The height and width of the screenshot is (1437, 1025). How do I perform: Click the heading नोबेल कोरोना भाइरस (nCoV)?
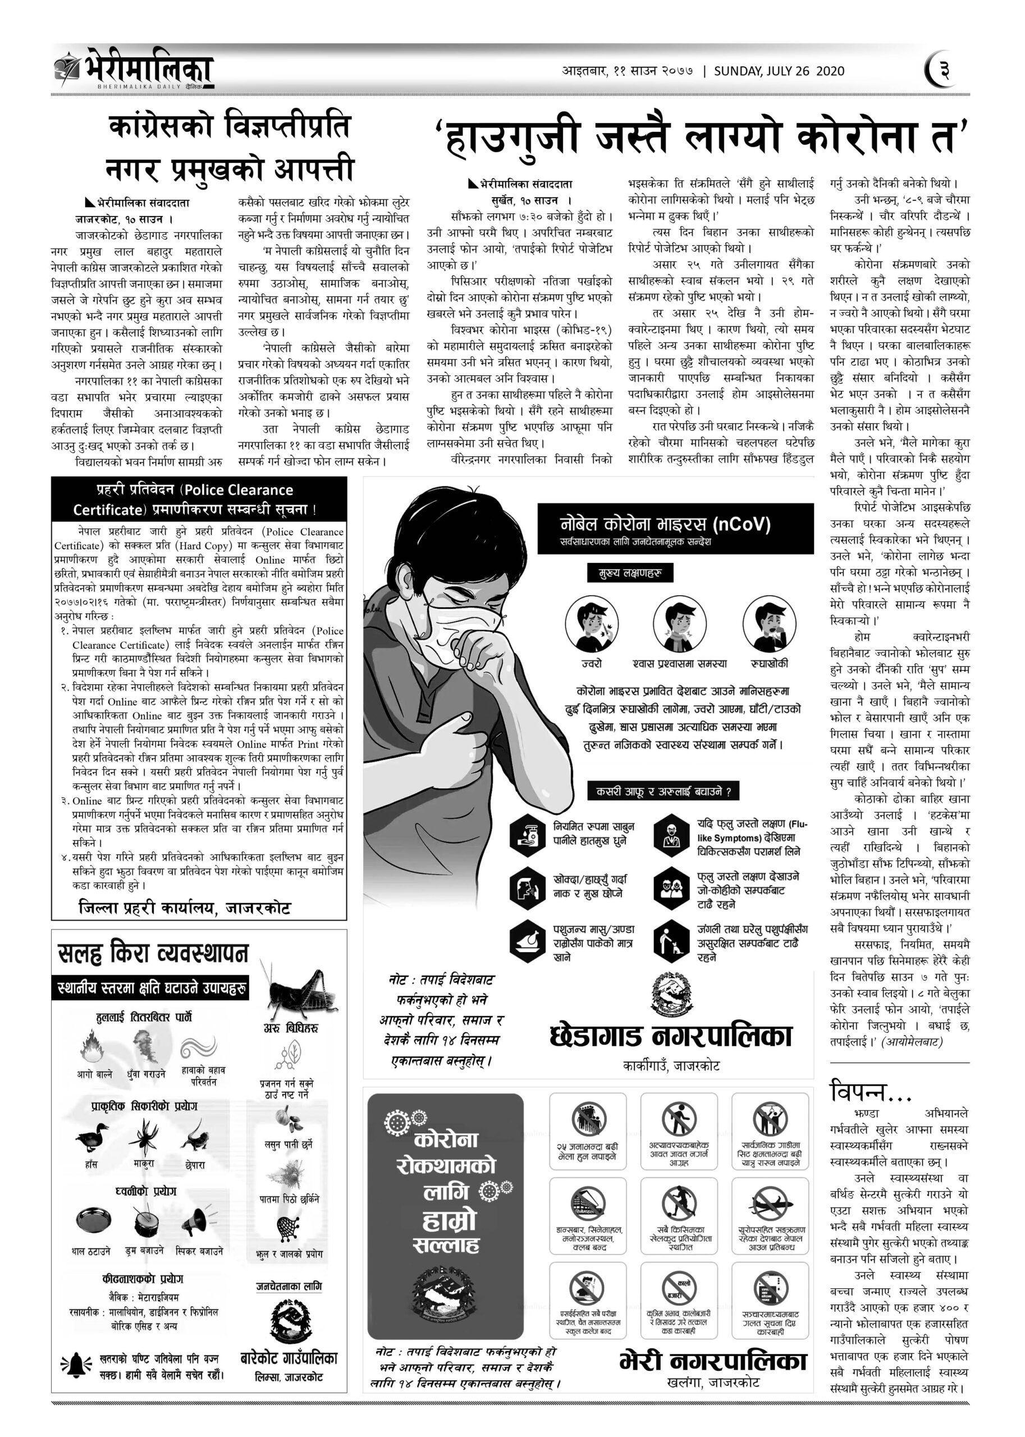click(665, 524)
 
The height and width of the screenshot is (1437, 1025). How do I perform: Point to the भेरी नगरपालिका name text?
click(713, 1361)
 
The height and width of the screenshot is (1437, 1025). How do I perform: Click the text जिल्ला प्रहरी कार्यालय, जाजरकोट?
click(185, 908)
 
